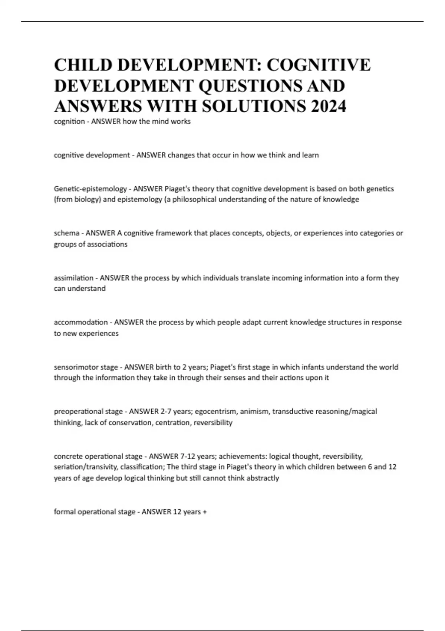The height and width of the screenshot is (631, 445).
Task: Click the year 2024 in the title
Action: point(329,106)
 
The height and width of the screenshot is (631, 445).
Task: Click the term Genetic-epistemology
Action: point(90,189)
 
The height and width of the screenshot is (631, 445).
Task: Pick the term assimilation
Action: point(73,278)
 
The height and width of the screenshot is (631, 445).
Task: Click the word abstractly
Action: point(263,478)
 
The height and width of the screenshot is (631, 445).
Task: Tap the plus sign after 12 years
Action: point(205,512)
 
